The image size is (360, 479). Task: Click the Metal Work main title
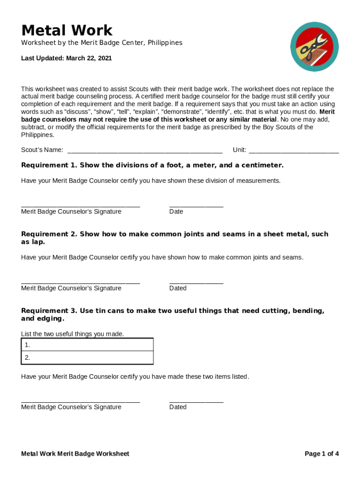tap(67, 30)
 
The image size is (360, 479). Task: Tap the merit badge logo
tap(314, 47)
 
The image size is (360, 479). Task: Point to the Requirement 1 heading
tap(152, 166)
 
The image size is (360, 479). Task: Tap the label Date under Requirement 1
tap(176, 212)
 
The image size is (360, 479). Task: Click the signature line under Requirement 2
tap(80, 283)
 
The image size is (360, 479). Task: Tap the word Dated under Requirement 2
tap(178, 289)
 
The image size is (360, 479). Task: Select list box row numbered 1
tap(87, 345)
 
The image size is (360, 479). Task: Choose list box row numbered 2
tap(87, 358)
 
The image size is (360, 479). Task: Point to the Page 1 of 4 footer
tap(322, 454)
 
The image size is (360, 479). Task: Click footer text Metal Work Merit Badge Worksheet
tap(75, 454)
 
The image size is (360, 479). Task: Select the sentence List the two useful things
tap(72, 334)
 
